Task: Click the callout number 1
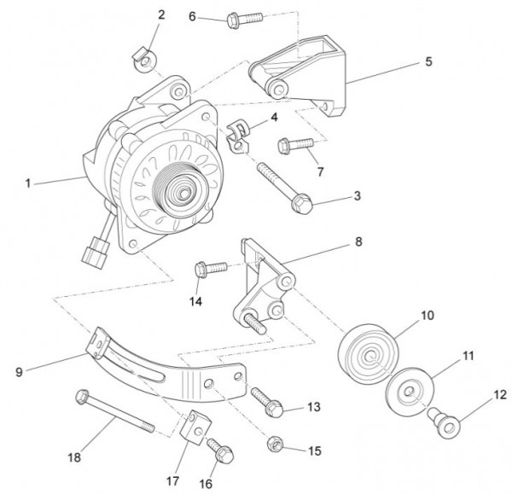28,183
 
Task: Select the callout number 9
19,371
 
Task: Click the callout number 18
75,457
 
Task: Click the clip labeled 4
240,134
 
